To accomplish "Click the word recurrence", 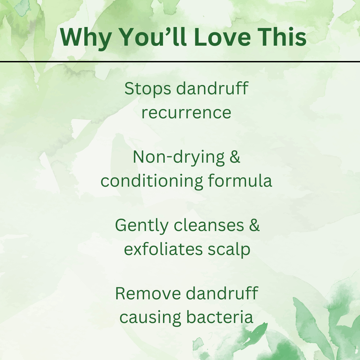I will (x=186, y=113).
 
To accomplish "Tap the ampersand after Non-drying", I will (x=235, y=157).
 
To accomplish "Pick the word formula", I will (x=240, y=181).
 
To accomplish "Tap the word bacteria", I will (x=220, y=317).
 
